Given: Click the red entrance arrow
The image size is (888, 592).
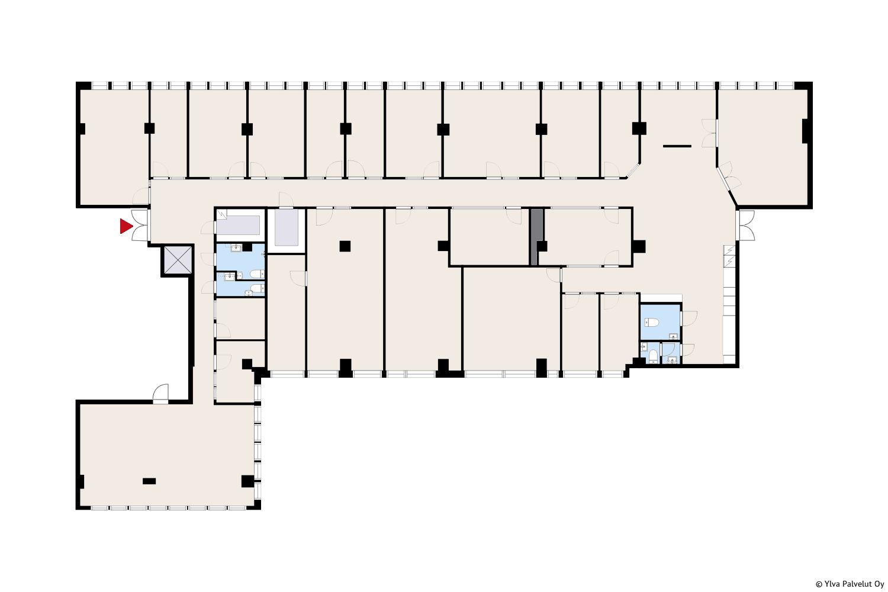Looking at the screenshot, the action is click(x=126, y=226).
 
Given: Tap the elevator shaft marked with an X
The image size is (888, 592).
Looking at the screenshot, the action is click(x=178, y=260).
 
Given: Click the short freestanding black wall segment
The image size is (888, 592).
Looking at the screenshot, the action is click(x=677, y=146).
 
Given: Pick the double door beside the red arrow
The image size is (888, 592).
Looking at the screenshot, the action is click(x=140, y=225).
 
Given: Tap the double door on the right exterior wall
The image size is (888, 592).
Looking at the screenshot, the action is click(x=746, y=225).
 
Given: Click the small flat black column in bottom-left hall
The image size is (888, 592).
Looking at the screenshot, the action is click(x=149, y=481).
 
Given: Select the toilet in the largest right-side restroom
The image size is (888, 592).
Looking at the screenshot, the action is click(x=652, y=323).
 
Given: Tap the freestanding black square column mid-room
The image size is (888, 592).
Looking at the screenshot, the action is click(x=345, y=246).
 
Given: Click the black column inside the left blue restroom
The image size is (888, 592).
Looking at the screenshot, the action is click(x=247, y=247).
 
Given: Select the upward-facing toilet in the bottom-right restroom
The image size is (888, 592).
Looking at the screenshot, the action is click(x=654, y=356).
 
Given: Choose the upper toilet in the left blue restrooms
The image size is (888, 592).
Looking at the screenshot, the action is click(x=256, y=274).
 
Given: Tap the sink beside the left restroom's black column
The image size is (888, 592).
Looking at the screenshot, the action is click(x=236, y=248).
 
